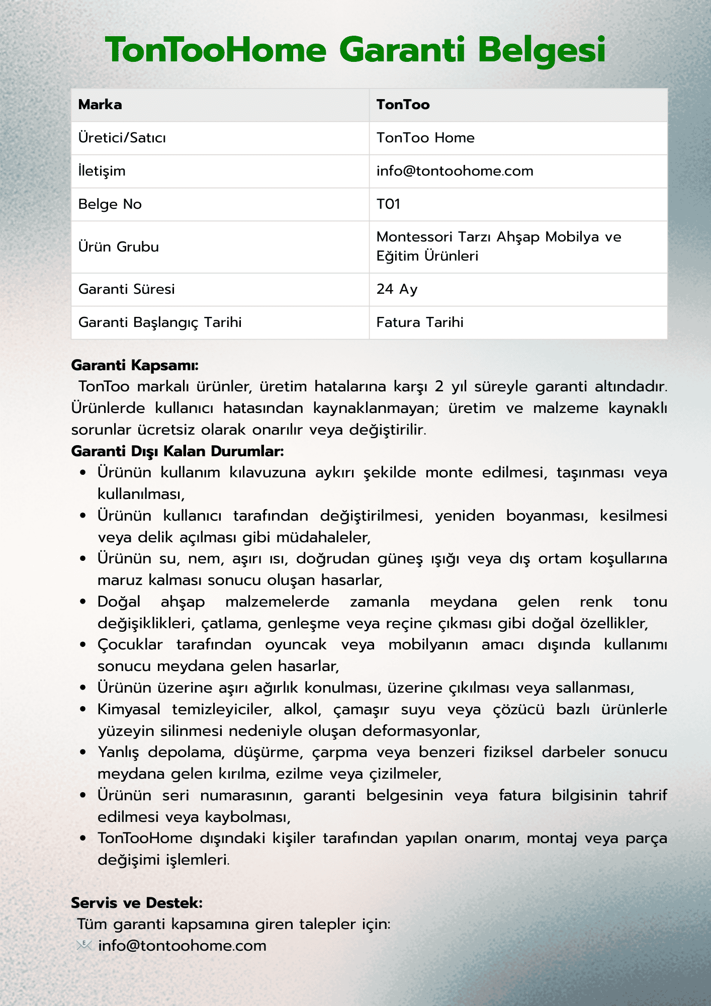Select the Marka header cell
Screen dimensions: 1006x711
pos(100,105)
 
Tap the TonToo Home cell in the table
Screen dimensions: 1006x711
pos(425,138)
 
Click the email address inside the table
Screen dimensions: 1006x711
pos(455,171)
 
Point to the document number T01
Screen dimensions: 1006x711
pos(388,204)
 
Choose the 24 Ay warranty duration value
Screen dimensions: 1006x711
pos(397,289)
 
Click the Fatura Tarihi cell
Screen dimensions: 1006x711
pos(420,322)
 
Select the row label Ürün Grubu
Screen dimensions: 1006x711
pos(119,247)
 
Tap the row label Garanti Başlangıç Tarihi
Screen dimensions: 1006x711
pos(160,322)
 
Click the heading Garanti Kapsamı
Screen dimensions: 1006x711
pos(135,365)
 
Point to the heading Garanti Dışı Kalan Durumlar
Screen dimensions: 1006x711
pos(177,451)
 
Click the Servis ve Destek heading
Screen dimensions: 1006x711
pos(137,903)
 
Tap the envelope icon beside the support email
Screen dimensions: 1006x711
pos(84,946)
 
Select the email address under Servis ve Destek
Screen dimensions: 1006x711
pos(182,946)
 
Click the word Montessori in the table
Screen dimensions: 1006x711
pos(414,237)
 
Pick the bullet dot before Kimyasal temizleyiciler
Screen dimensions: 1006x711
pos(83,710)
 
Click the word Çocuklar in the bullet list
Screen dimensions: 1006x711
pos(130,645)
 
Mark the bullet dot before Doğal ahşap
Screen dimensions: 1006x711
pos(83,602)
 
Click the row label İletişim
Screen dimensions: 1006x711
pos(102,171)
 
